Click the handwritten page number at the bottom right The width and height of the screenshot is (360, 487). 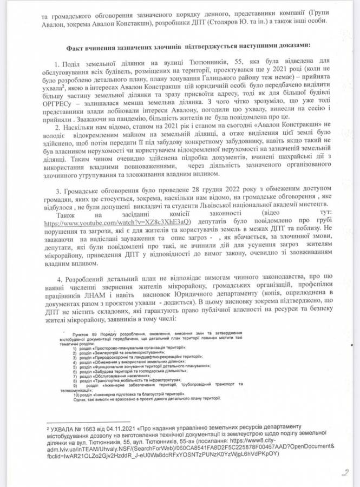[344, 472]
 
